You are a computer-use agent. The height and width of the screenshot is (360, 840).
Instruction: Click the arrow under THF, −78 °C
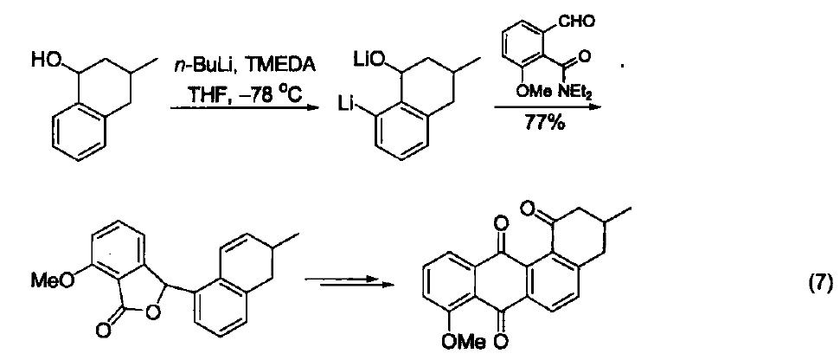point(244,107)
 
